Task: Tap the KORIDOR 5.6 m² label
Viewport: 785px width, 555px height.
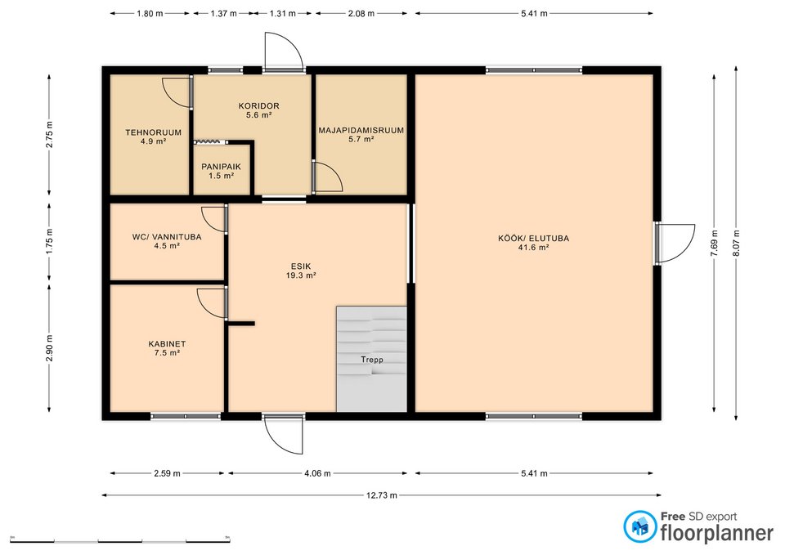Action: pos(258,110)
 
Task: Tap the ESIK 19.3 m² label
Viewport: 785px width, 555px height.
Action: pos(300,271)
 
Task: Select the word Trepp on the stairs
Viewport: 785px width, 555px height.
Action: pos(372,360)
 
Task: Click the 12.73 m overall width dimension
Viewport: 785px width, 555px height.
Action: pos(381,495)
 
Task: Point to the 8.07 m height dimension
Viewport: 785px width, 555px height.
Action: pos(736,244)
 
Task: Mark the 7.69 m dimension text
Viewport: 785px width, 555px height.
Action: pos(714,244)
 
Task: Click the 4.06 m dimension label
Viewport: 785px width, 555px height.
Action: pos(318,473)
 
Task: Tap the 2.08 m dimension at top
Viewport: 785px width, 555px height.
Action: pos(361,14)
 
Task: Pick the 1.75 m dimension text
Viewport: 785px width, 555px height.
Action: pos(49,242)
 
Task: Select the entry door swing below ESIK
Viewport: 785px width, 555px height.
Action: pos(284,434)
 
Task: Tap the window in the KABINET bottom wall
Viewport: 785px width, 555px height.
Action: pos(186,416)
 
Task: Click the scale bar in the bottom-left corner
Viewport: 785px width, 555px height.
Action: pos(120,540)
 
